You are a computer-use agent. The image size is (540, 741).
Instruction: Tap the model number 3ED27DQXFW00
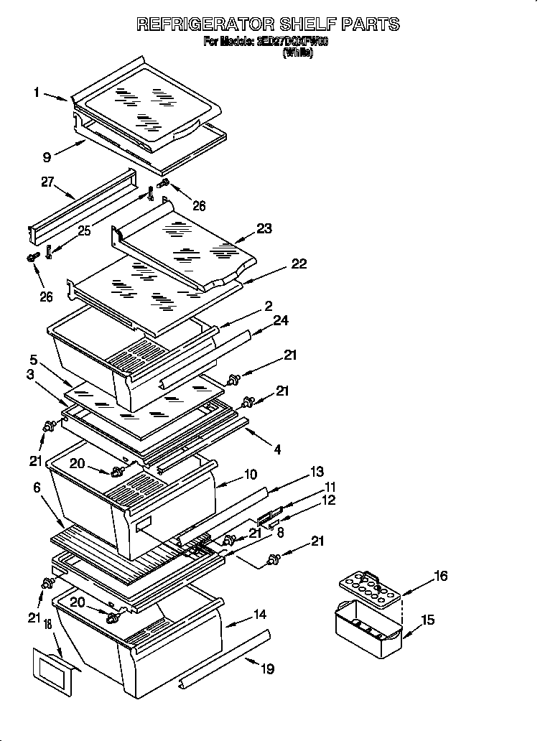292,42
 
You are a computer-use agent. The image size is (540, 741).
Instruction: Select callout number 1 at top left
36,92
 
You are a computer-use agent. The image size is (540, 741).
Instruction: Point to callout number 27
48,183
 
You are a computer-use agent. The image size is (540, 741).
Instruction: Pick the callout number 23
264,229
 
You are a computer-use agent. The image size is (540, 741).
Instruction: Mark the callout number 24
280,321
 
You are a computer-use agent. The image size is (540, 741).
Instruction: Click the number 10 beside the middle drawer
250,474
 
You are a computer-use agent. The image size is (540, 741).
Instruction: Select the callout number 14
259,615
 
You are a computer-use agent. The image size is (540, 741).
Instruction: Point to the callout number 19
267,669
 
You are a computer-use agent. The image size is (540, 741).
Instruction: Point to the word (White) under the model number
298,53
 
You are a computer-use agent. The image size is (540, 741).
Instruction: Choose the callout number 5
34,359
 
